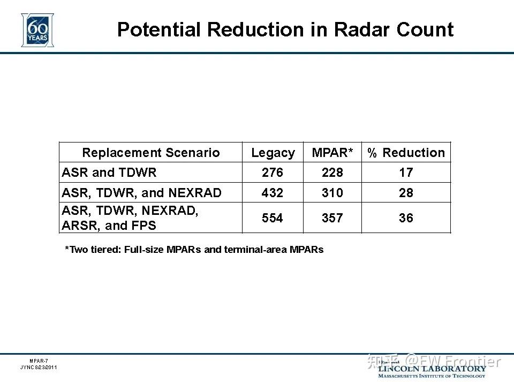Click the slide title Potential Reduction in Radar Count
click(285, 29)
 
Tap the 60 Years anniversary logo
click(37, 29)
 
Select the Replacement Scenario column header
click(150, 153)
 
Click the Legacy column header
click(273, 153)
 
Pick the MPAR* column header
click(332, 153)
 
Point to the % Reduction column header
click(406, 153)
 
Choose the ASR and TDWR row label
click(109, 173)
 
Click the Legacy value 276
click(273, 173)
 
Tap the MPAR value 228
click(332, 173)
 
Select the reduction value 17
click(406, 173)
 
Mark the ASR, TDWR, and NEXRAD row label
click(141, 193)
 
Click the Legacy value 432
click(273, 193)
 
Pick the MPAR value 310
click(332, 193)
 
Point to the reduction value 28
click(406, 193)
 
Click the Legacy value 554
click(273, 218)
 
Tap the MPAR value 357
click(332, 218)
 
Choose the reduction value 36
click(406, 218)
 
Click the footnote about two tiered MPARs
click(194, 250)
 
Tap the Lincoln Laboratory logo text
click(432, 369)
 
